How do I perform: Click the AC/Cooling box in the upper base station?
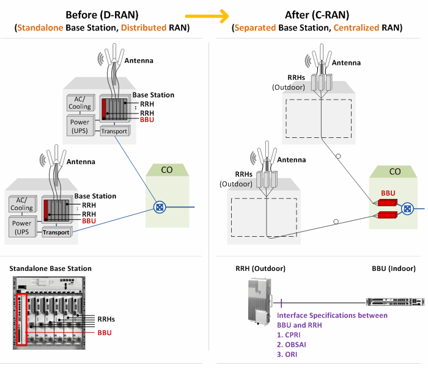[79, 103]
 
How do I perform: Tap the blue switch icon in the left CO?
[160, 207]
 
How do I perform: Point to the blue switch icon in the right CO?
[407, 209]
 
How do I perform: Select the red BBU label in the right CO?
[388, 192]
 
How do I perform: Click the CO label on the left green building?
[168, 170]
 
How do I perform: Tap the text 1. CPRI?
[290, 334]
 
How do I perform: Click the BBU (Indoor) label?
[393, 269]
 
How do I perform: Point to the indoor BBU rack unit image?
[394, 301]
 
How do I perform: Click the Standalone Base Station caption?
[51, 269]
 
